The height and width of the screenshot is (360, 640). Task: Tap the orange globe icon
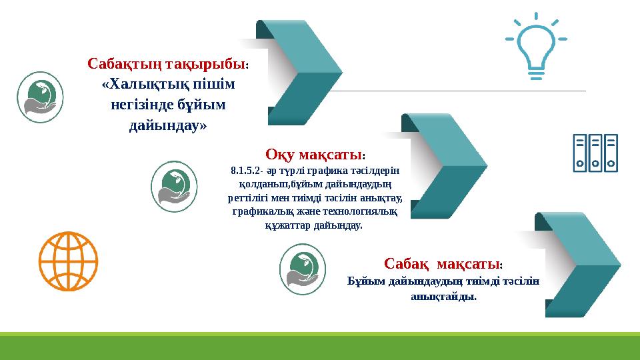(68, 261)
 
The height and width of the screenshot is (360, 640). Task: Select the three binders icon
(595, 153)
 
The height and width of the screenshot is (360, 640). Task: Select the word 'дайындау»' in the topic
(167, 125)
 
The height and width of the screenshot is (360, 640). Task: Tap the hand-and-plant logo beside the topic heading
(40, 97)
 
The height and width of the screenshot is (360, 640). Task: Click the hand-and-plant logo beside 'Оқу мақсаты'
(175, 187)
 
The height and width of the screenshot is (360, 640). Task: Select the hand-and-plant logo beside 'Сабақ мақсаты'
(302, 269)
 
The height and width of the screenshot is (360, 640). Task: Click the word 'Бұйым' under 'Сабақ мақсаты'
(366, 281)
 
